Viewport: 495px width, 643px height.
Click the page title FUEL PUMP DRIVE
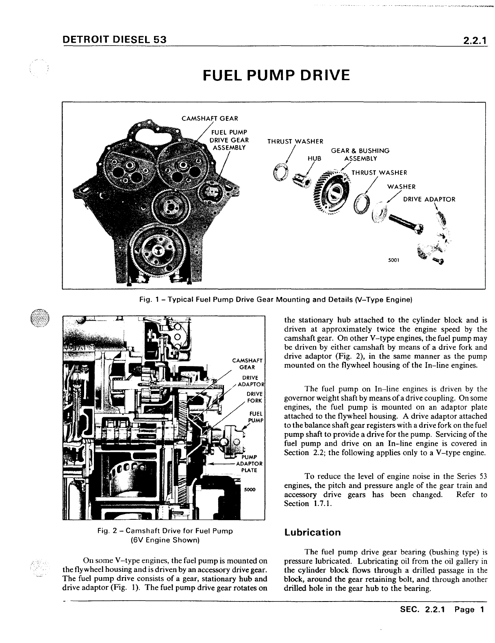click(x=276, y=76)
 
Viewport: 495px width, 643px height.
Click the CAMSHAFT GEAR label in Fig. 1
click(x=209, y=118)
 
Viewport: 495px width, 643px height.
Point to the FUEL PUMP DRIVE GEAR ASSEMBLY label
click(x=229, y=139)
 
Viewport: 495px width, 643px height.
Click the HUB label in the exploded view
click(x=314, y=158)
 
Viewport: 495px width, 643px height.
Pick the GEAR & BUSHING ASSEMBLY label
click(x=360, y=155)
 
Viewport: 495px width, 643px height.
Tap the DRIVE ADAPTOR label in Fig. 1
click(x=429, y=199)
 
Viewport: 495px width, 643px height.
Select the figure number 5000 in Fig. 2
click(x=250, y=489)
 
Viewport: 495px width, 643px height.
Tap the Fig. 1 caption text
click(x=276, y=300)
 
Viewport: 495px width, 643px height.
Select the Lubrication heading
click(x=313, y=532)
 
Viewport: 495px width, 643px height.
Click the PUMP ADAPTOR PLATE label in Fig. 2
click(x=249, y=464)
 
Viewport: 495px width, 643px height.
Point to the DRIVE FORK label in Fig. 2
click(x=255, y=397)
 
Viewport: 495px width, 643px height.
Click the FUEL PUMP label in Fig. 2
click(x=256, y=416)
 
